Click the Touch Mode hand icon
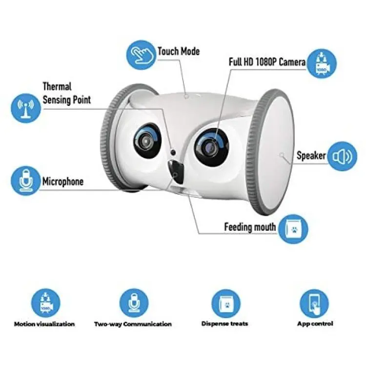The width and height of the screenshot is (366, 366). [141, 55]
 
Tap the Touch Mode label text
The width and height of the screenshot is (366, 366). [179, 51]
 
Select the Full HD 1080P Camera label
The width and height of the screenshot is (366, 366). [267, 62]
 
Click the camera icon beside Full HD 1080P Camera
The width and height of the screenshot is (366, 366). [322, 63]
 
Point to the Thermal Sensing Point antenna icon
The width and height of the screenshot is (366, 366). [26, 108]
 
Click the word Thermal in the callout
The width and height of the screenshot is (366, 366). [57, 86]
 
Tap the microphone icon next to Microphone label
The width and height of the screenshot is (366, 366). [26, 181]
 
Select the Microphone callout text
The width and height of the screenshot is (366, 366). [63, 182]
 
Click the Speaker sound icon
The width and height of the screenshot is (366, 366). [342, 156]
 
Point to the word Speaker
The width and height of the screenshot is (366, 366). [311, 156]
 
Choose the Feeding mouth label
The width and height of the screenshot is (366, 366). [250, 227]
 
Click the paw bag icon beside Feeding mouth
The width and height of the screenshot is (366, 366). [293, 229]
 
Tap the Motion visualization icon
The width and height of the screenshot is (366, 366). [46, 303]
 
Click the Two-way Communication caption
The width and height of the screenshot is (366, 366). [133, 324]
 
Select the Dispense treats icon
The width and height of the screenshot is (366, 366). [226, 303]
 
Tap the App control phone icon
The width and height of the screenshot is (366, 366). [314, 303]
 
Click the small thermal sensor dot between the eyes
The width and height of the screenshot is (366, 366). [173, 152]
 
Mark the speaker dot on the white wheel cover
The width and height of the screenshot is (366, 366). [282, 155]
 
